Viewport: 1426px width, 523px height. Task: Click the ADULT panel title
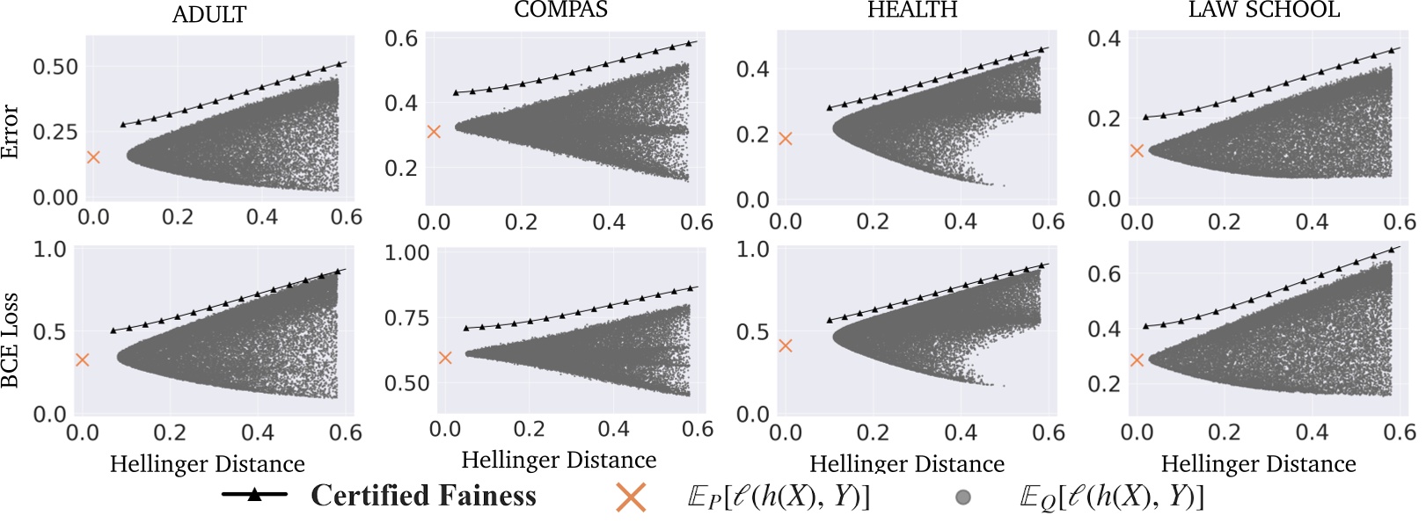click(x=209, y=14)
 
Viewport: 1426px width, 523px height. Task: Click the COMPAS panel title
click(x=560, y=10)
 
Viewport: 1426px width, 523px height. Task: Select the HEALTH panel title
click(x=912, y=10)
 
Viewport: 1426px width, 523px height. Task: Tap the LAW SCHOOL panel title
click(x=1263, y=10)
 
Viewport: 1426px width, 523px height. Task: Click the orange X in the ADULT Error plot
click(x=93, y=157)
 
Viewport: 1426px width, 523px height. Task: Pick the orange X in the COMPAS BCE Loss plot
click(x=445, y=358)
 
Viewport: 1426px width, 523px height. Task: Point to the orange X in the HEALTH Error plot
click(x=786, y=139)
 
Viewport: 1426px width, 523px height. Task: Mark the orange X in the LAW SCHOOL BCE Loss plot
click(x=1137, y=360)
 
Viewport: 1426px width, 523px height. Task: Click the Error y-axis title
click(x=11, y=132)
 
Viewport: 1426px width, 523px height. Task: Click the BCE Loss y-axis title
click(x=11, y=341)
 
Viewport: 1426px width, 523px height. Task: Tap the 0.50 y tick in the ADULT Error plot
click(x=55, y=67)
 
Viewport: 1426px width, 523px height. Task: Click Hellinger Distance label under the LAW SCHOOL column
click(x=1258, y=464)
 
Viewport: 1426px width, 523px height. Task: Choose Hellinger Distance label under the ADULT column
click(x=207, y=464)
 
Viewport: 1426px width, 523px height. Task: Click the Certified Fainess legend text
click(x=423, y=496)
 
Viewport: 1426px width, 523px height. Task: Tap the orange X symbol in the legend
click(x=631, y=498)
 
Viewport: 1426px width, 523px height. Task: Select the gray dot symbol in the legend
click(x=963, y=498)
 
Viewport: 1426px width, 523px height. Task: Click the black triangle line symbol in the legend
click(x=254, y=495)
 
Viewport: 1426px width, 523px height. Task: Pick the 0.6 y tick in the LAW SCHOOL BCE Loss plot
click(x=1104, y=274)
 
